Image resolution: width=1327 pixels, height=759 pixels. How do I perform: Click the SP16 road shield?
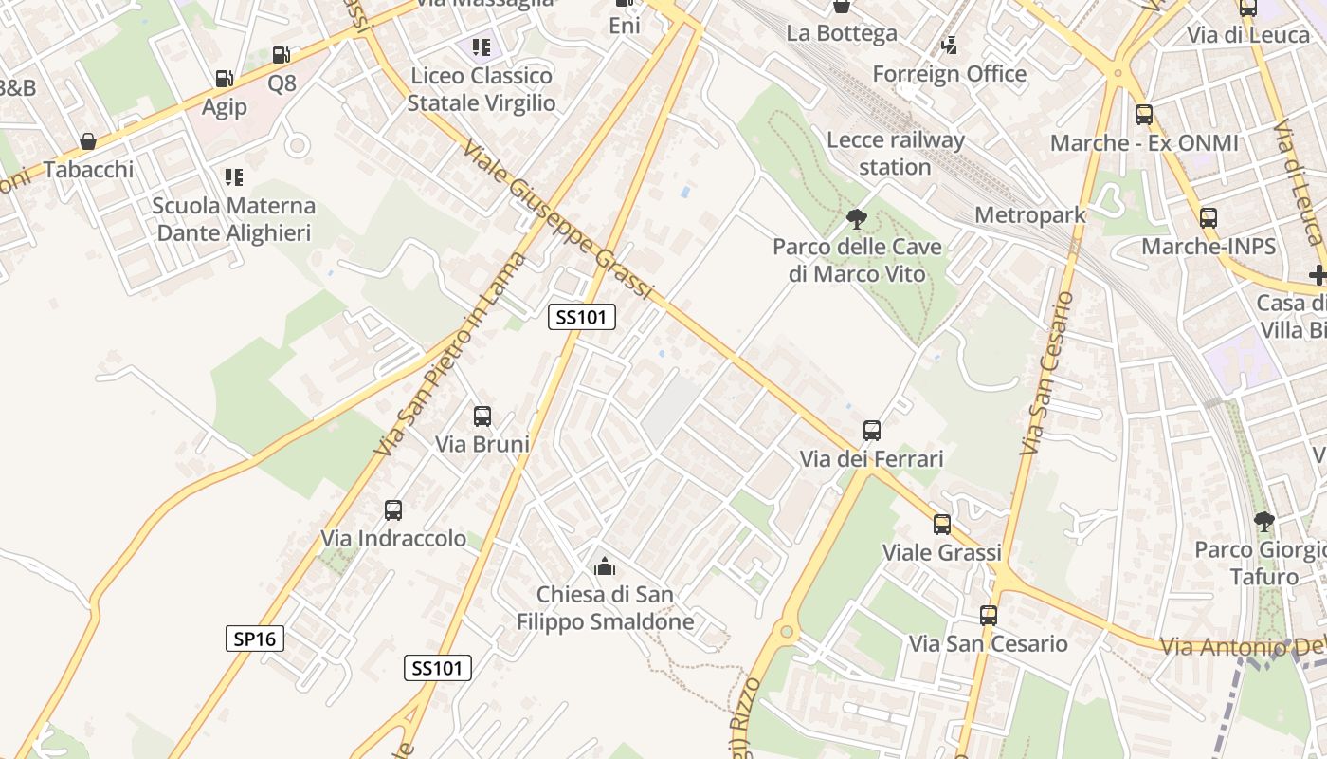pos(255,639)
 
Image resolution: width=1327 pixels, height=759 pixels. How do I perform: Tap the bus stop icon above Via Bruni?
pos(482,417)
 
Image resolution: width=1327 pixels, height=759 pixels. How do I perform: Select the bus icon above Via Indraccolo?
pos(393,510)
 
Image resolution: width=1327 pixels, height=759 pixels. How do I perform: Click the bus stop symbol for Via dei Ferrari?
pos(872,431)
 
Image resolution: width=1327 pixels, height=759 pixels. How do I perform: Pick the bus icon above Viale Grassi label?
pos(941,525)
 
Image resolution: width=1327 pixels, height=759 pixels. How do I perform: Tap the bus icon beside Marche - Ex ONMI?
pos(1144,115)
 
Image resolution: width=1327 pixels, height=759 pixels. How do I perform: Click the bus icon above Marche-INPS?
pos(1208,217)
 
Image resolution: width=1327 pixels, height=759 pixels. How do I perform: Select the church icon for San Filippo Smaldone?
pos(605,567)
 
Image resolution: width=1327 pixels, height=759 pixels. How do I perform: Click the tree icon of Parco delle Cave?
pos(857,219)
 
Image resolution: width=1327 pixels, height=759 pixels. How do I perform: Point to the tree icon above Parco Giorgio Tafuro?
pos(1263,521)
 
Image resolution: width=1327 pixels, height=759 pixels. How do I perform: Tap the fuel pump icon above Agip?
pos(224,79)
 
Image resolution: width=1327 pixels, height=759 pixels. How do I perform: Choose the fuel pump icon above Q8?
pos(281,55)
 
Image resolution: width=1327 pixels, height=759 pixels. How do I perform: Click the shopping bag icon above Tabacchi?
pos(88,141)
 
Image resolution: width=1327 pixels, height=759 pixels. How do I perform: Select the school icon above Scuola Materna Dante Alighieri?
pos(233,176)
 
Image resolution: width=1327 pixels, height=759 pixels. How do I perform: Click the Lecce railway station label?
pos(896,154)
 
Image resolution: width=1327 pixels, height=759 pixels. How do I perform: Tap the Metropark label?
pos(1029,215)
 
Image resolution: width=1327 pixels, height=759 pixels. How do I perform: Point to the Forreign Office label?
pos(949,74)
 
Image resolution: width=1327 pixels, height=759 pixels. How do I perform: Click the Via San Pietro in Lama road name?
pos(449,353)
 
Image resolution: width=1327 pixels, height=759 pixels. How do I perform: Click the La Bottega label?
pos(842,33)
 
